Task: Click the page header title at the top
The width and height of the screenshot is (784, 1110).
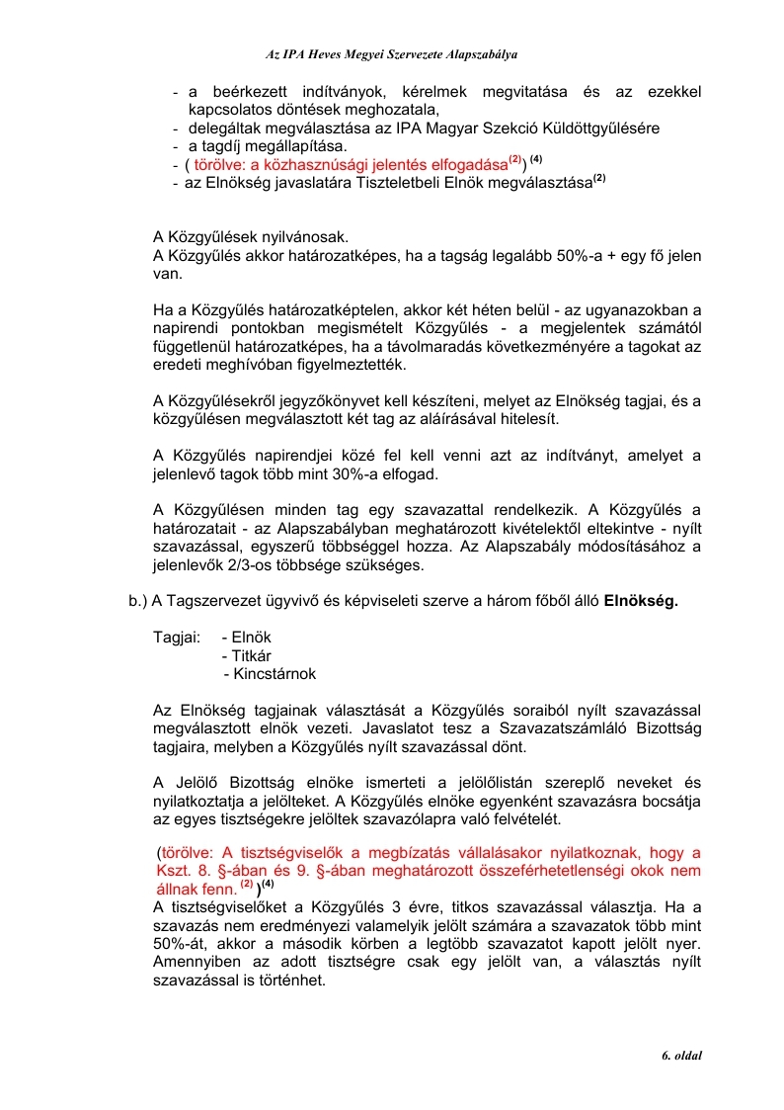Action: pos(392,53)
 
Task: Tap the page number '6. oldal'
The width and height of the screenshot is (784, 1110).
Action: pos(681,1056)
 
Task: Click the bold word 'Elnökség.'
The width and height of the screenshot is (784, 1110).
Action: pos(641,600)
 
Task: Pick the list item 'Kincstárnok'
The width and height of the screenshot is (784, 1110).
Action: pos(270,674)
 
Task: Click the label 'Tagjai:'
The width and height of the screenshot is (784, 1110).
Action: pos(178,638)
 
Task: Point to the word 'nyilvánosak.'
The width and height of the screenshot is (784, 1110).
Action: pos(306,237)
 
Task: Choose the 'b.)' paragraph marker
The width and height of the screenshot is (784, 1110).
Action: pos(137,600)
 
